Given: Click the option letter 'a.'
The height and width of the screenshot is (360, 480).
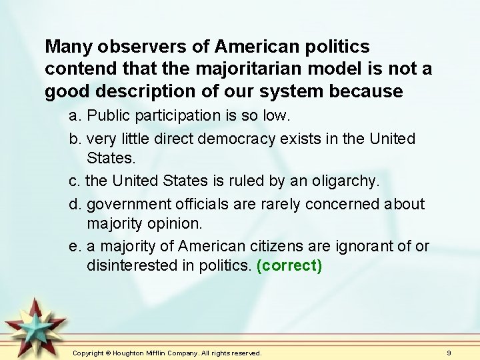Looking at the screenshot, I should click(x=75, y=116).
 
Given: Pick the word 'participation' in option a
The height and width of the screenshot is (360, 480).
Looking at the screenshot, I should click(x=184, y=116).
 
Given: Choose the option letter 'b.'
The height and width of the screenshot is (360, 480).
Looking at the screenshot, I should click(x=75, y=139).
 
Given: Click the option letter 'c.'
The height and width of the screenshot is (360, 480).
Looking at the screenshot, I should click(x=75, y=180).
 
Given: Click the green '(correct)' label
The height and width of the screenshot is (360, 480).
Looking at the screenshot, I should click(x=289, y=266).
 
